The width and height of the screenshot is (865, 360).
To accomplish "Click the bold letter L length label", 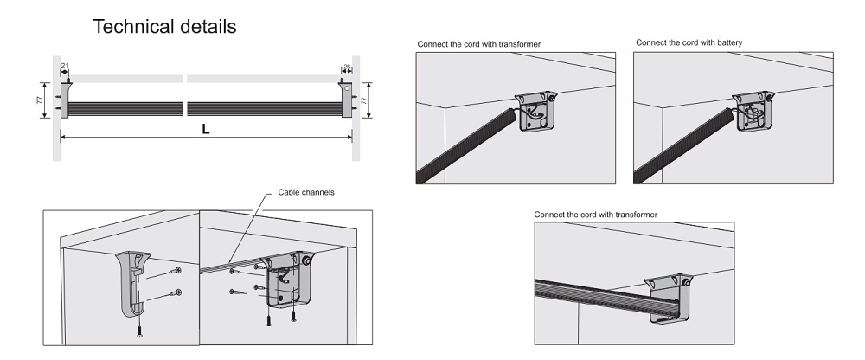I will [205, 128].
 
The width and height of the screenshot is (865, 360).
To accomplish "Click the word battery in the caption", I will [727, 42].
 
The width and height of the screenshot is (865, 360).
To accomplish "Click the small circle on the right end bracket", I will [346, 88].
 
